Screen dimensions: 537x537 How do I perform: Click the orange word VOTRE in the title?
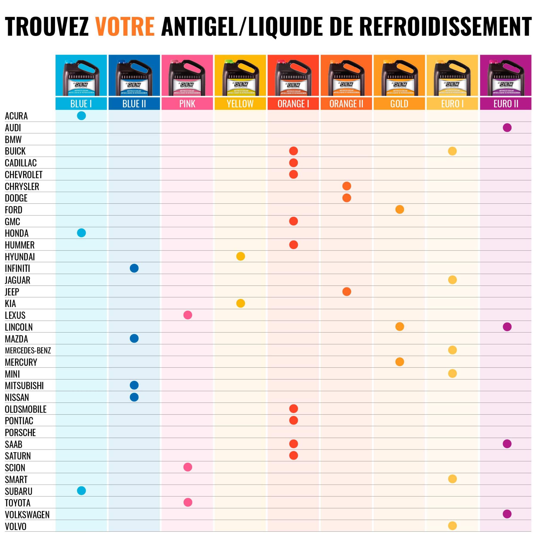(x=125, y=27)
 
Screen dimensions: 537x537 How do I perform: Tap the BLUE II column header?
(x=134, y=104)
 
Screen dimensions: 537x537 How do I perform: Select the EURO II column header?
(x=506, y=104)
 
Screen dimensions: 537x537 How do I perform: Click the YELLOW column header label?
(x=240, y=104)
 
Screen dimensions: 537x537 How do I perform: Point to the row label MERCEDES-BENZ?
(x=28, y=351)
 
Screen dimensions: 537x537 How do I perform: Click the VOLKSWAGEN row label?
(x=27, y=515)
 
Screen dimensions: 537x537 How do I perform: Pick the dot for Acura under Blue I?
(x=81, y=116)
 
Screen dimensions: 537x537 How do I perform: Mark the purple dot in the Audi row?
(x=507, y=128)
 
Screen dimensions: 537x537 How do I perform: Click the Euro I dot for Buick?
(x=452, y=151)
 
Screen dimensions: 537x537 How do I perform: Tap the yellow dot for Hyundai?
(x=240, y=256)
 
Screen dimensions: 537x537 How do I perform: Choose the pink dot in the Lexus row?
(x=188, y=315)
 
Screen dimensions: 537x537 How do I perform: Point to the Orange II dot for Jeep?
(x=347, y=291)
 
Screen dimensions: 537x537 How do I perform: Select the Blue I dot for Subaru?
(x=81, y=491)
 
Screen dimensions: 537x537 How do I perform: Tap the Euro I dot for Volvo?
(x=452, y=526)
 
